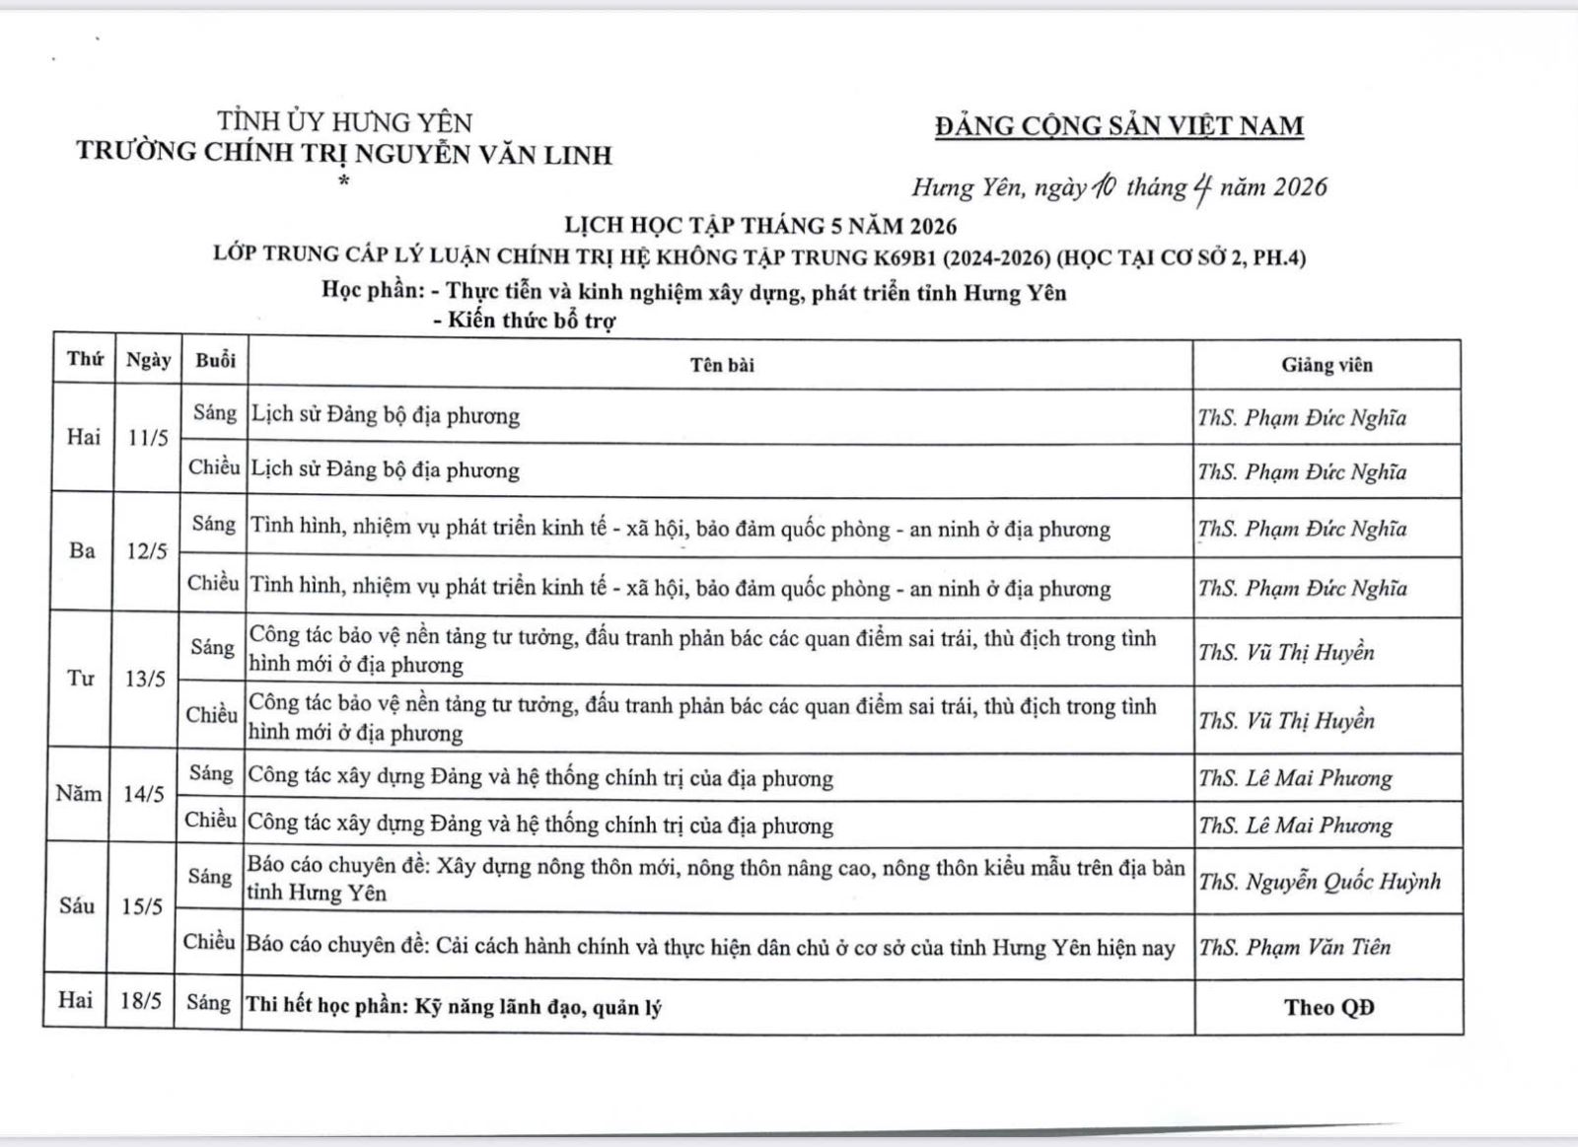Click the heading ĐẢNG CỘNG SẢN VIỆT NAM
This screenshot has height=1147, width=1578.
click(1119, 126)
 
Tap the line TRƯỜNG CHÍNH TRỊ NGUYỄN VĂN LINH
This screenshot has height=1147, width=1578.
click(344, 154)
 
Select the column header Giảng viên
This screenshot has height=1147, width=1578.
click(1327, 365)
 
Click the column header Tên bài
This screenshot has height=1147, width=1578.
click(722, 365)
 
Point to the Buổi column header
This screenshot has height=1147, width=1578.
click(215, 361)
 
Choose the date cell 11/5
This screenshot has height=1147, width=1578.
click(148, 438)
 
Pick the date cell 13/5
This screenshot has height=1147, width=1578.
click(145, 679)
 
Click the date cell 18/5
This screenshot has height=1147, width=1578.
click(140, 1001)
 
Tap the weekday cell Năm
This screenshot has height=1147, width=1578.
click(79, 794)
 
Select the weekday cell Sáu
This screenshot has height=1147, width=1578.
click(77, 905)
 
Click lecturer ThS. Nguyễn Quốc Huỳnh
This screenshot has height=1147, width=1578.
click(1320, 881)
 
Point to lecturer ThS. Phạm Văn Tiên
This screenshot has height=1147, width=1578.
click(1294, 947)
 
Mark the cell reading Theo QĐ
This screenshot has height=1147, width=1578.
click(1328, 1007)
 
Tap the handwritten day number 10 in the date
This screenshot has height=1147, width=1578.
click(1104, 186)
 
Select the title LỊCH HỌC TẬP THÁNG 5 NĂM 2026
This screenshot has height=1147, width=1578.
click(760, 226)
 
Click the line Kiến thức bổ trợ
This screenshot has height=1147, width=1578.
click(532, 321)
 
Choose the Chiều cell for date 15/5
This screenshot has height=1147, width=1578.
click(209, 942)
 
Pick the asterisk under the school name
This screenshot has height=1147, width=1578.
click(343, 181)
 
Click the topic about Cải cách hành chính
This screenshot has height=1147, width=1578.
click(710, 948)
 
